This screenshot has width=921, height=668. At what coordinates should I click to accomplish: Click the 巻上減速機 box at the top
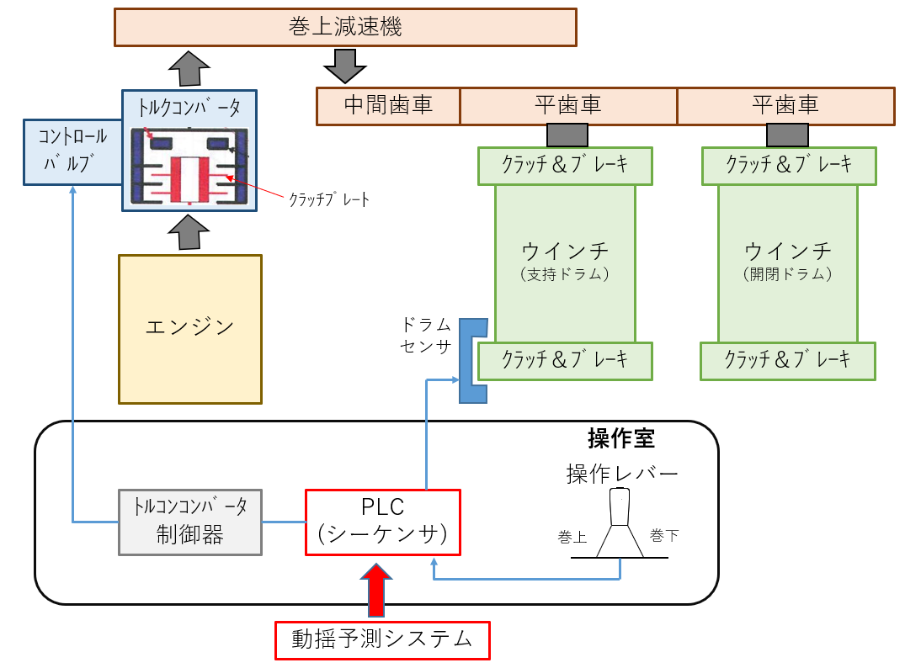point(345,27)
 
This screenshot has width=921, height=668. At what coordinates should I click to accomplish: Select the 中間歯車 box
point(388,106)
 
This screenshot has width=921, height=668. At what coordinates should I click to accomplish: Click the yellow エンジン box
point(190,329)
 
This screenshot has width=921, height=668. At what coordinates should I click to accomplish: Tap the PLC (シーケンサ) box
point(382,522)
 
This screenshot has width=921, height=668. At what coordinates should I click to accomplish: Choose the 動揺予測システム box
point(382,639)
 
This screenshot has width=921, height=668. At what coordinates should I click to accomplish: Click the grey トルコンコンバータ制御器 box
point(190,522)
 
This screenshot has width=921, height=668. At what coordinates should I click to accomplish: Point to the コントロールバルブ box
point(72,151)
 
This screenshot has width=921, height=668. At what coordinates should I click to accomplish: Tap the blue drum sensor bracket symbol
point(472,361)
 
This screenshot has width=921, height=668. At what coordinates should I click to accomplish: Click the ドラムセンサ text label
point(427,335)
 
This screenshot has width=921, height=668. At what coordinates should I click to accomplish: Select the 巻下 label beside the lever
point(663,535)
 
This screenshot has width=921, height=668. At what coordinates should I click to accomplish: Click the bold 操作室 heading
point(620,439)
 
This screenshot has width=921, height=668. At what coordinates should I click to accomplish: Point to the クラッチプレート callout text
point(329,199)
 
